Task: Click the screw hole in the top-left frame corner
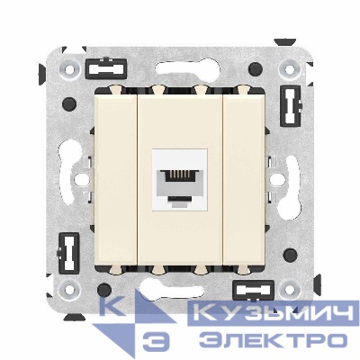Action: pos(67,66)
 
